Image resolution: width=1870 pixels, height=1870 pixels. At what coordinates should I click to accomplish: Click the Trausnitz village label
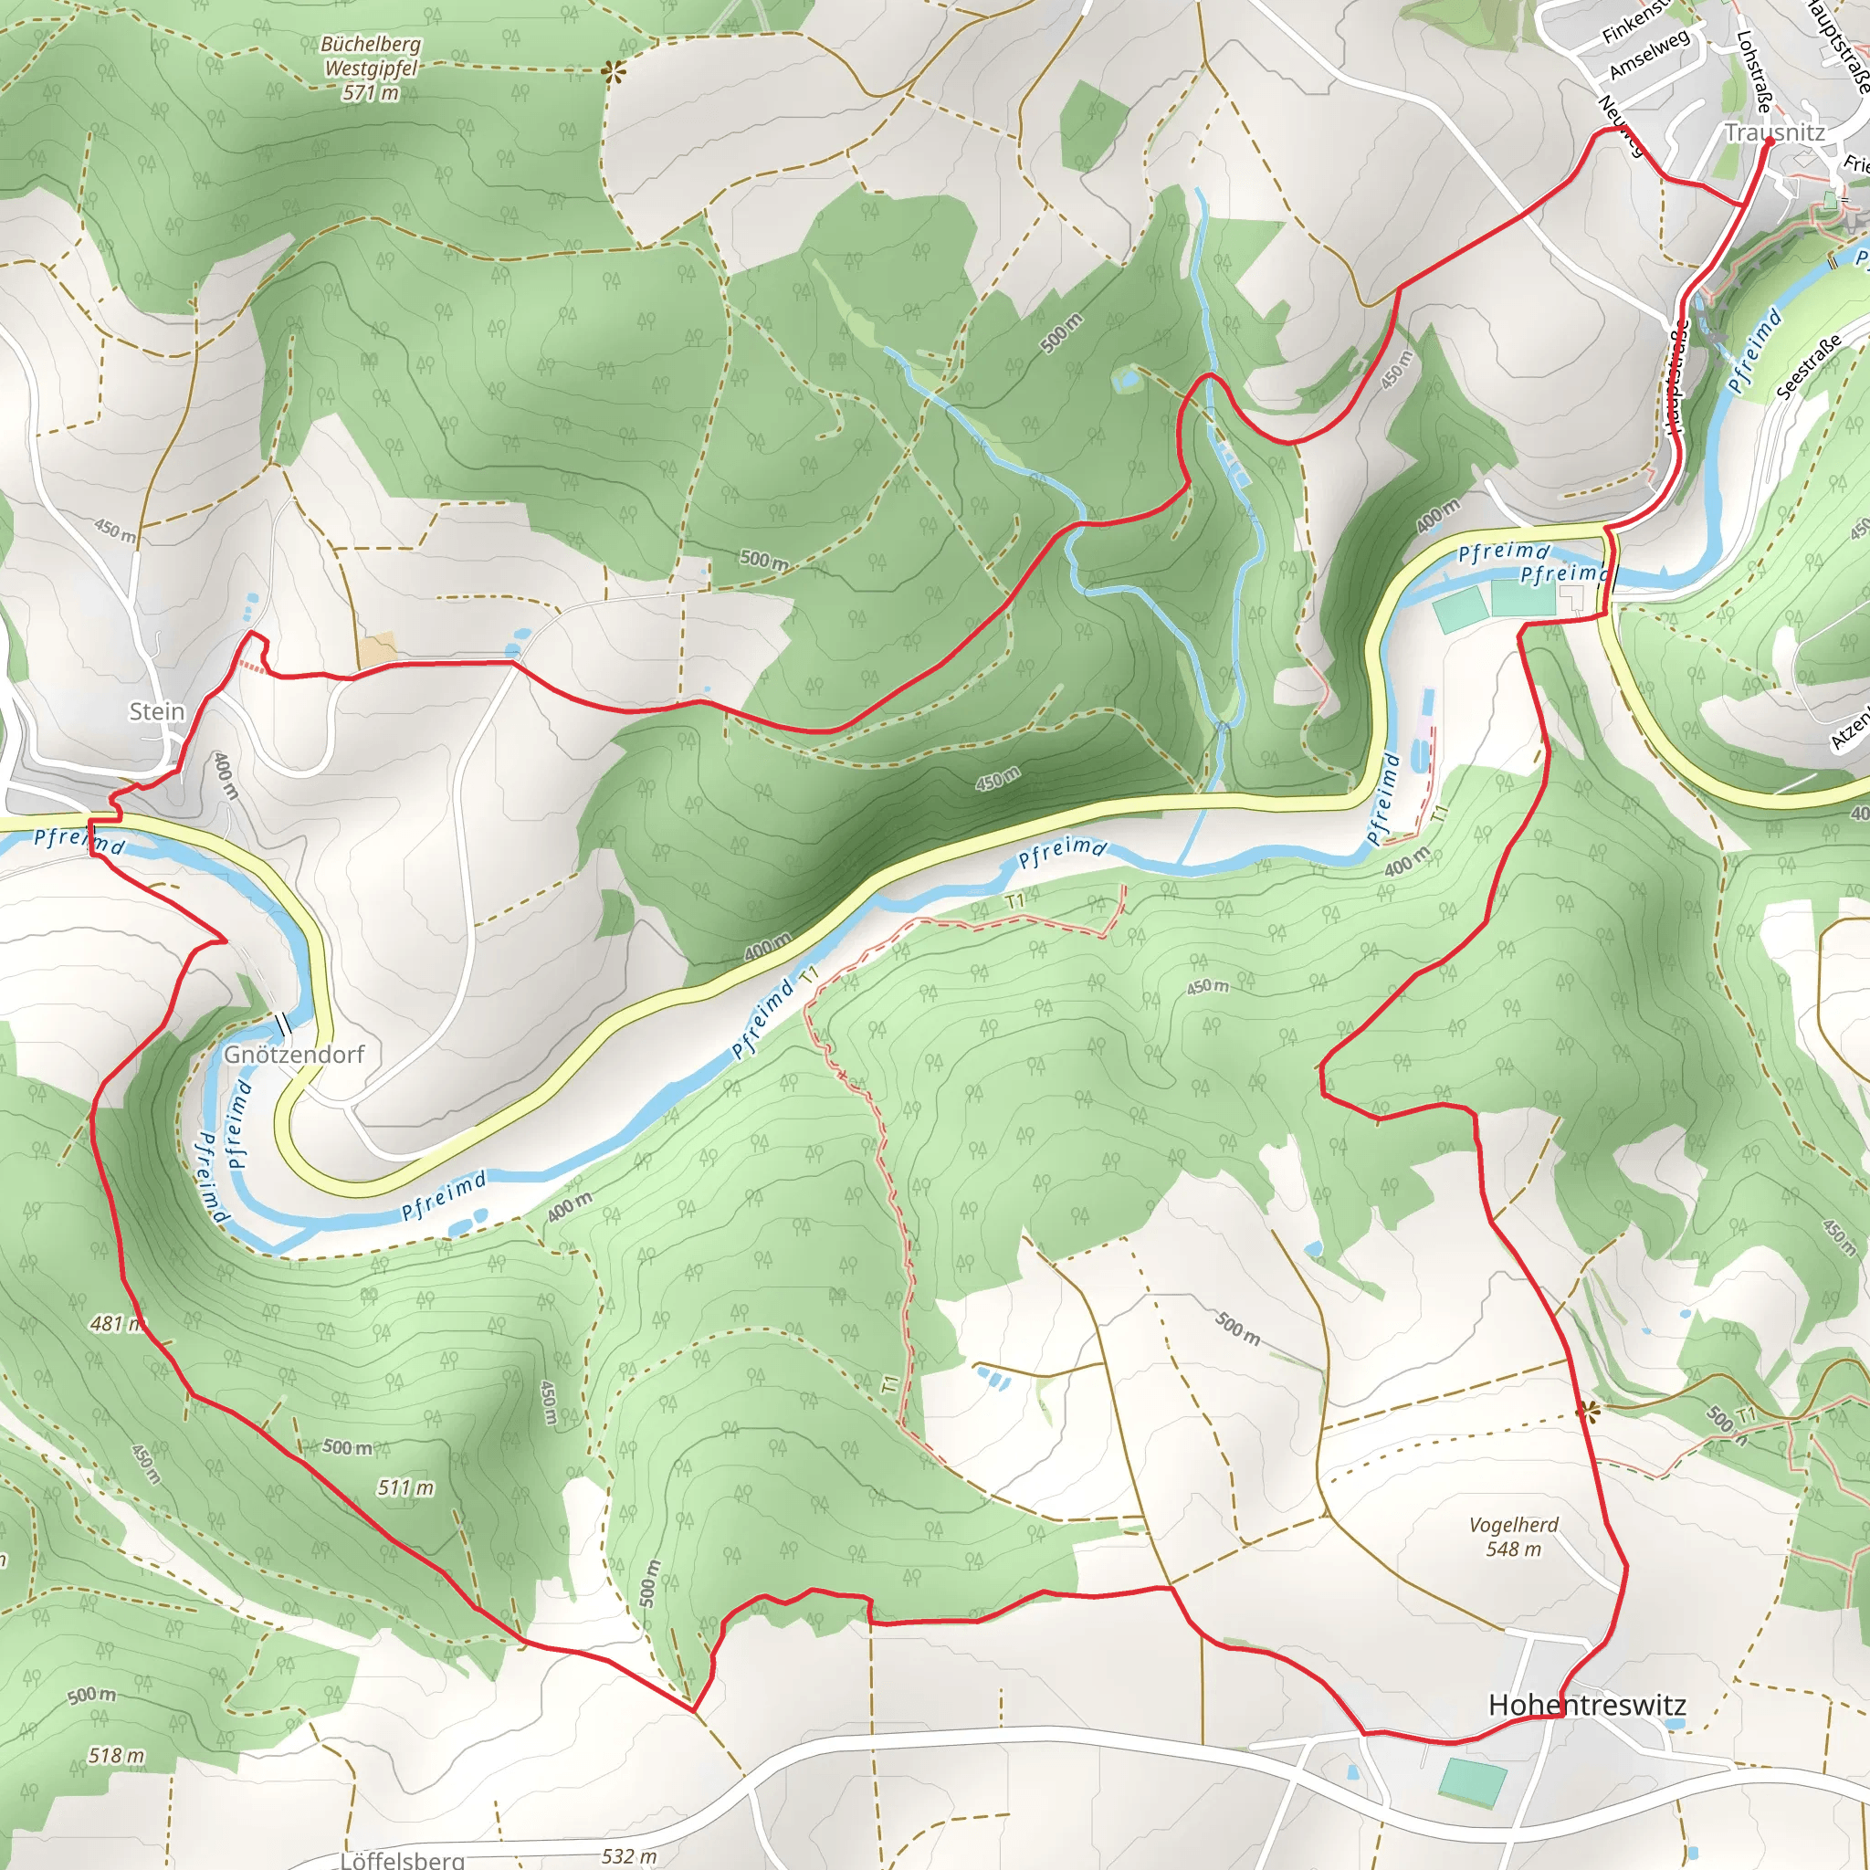1774,132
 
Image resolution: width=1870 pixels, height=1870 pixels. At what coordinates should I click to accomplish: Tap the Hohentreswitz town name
1586,1705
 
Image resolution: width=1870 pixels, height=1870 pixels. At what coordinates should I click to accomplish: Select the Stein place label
157,711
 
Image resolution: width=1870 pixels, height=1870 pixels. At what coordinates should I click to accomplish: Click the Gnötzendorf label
293,1054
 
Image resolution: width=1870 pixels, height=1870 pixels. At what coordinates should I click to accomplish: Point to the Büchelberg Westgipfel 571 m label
371,68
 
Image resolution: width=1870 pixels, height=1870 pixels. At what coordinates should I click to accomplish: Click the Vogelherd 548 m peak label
1513,1536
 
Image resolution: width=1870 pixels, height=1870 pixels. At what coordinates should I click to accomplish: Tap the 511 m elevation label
404,1487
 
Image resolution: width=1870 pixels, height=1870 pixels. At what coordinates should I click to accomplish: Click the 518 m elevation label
116,1755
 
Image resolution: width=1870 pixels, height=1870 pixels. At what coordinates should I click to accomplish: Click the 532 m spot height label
629,1855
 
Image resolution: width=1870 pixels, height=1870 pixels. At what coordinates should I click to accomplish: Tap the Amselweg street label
1649,54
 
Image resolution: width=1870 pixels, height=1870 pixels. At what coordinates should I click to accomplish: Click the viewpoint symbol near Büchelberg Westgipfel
613,69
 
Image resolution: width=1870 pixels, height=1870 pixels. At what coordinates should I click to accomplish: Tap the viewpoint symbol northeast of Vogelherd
1585,1413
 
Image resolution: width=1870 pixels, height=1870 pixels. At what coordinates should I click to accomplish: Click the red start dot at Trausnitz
1769,142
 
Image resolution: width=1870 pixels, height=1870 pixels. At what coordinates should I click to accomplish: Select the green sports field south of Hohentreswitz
1473,1782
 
